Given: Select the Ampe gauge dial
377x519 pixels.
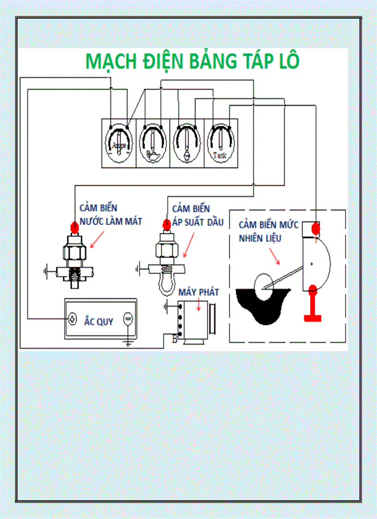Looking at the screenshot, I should pos(119,143).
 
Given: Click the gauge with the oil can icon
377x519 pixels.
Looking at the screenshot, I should pos(153,143).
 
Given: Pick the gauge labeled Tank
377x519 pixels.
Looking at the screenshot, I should pos(221,143).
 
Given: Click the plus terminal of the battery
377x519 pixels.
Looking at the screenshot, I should pos(73,318).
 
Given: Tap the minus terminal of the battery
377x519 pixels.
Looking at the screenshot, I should pos(128,318).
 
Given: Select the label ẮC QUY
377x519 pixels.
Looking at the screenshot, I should pos(98,322).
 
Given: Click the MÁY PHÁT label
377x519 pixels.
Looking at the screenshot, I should pos(199,292).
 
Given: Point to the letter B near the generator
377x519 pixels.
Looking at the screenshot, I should pos(175,340).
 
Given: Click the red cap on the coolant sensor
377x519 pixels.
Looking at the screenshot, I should pos(74,227).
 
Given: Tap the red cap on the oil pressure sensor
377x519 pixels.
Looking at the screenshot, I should pos(166,225).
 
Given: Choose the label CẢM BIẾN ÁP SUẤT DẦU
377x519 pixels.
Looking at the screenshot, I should pos(198,216).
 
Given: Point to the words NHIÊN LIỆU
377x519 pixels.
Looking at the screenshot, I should pos(260,238).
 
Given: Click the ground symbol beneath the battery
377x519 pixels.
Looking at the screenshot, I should pos(129,342).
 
